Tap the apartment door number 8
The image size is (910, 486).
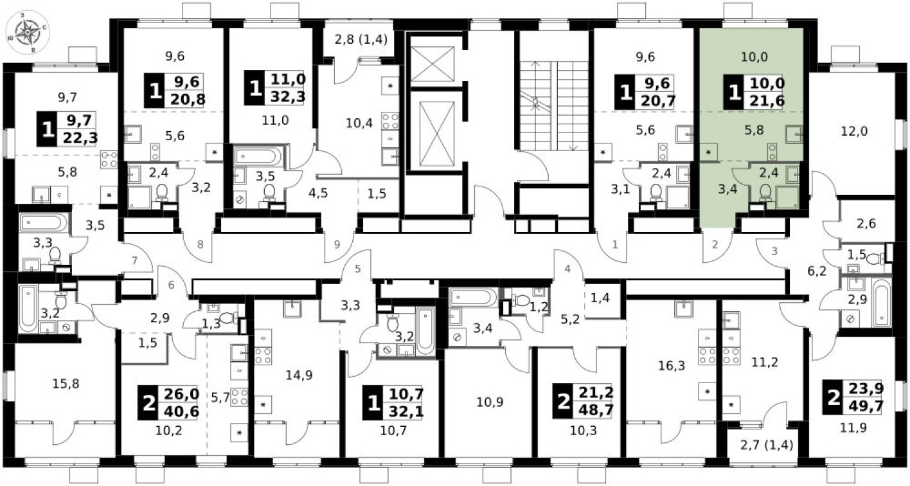201,244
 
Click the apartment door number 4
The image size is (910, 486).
567,269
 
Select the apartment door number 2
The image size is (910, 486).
714,244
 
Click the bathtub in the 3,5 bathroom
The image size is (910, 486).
258,156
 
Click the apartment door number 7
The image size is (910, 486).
134,260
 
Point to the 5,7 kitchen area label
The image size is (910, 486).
220,398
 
